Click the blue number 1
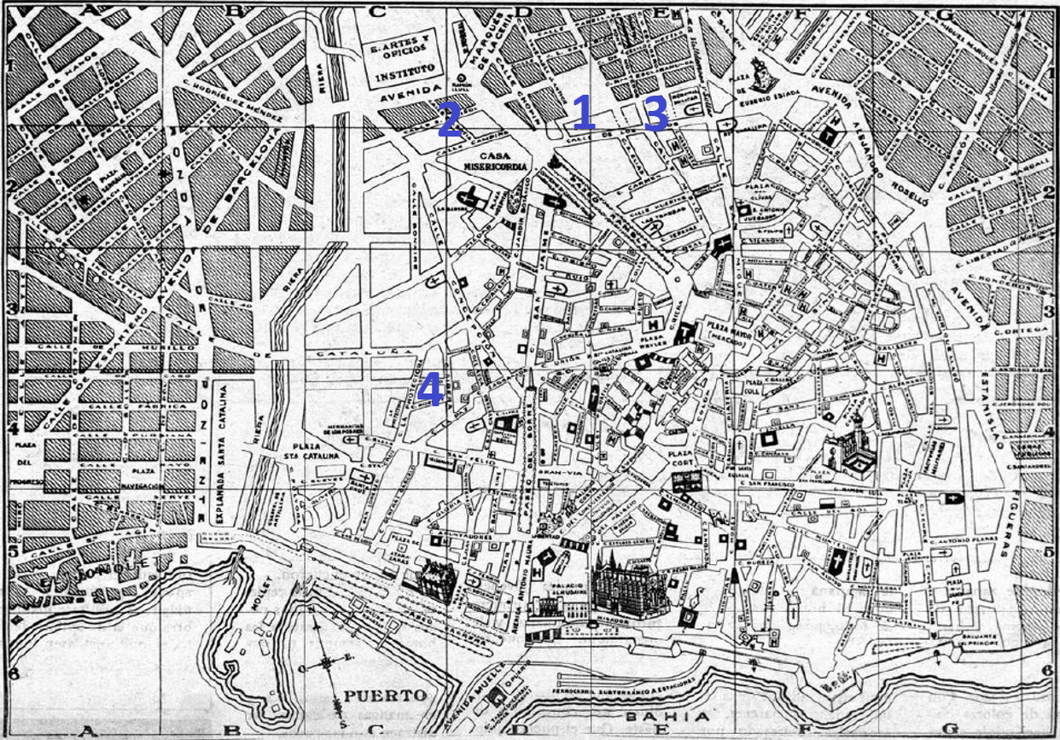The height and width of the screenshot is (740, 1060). point(583,113)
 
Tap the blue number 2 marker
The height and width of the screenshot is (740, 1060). point(449,120)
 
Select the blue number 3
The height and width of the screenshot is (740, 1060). point(655,114)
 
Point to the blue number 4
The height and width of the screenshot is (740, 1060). point(430,391)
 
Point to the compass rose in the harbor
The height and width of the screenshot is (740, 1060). point(329,663)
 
